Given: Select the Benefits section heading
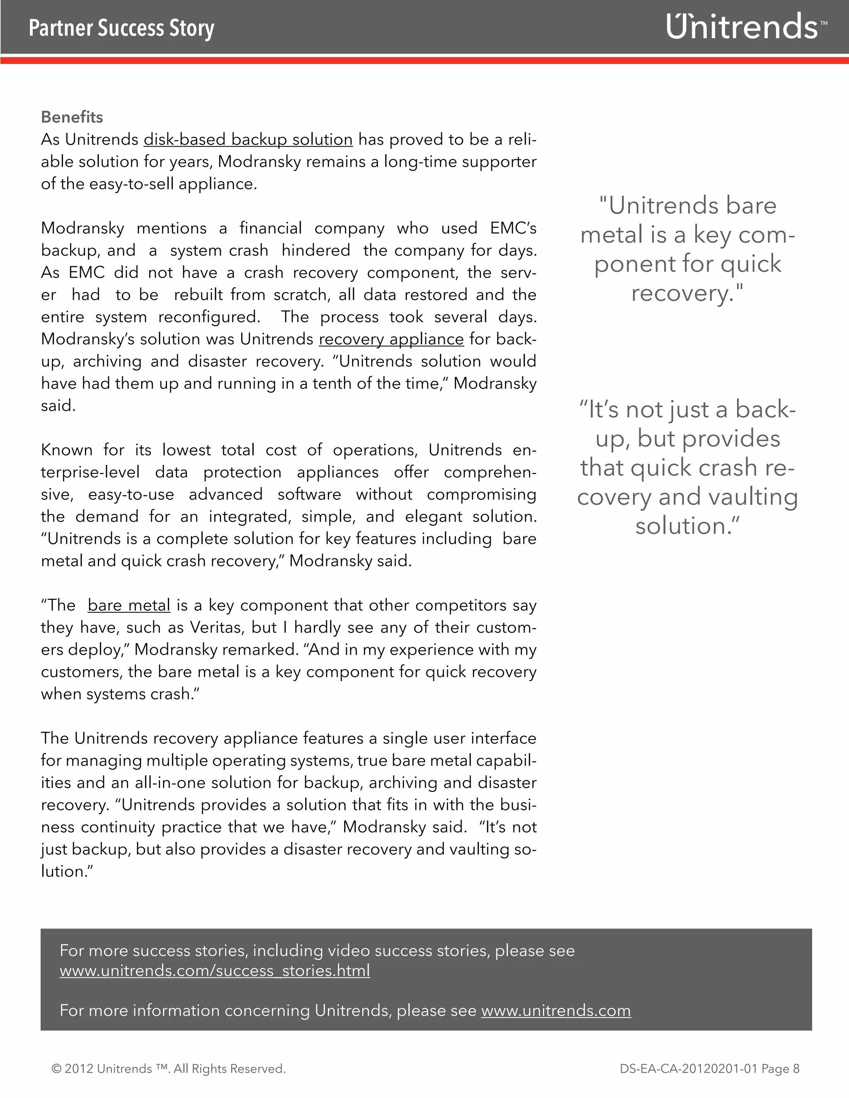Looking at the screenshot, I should coord(72,117).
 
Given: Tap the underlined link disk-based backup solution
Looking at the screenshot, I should coord(248,139).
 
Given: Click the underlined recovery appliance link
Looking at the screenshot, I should coord(391,339).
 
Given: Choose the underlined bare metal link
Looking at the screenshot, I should coord(129,605).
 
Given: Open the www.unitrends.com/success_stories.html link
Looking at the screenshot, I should coord(215,970).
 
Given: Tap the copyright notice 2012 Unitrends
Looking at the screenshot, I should coord(168,1069).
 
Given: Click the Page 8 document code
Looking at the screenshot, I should coord(709,1069).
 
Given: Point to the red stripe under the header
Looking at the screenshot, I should coord(424,61).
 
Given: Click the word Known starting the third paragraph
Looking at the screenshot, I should coord(66,450).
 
